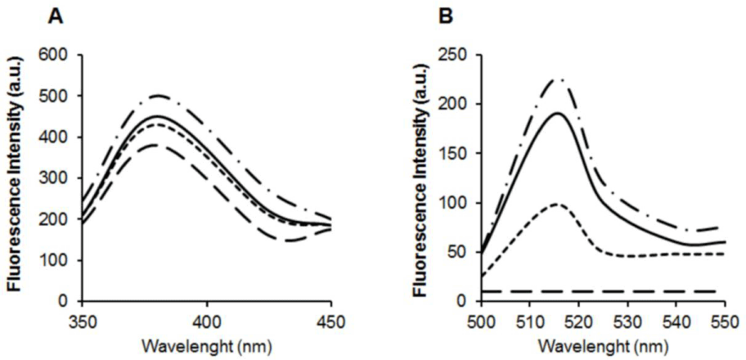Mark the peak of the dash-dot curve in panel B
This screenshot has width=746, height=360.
tap(558, 79)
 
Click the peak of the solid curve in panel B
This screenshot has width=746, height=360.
tap(558, 114)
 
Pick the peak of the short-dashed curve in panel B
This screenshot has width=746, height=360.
tap(557, 204)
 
